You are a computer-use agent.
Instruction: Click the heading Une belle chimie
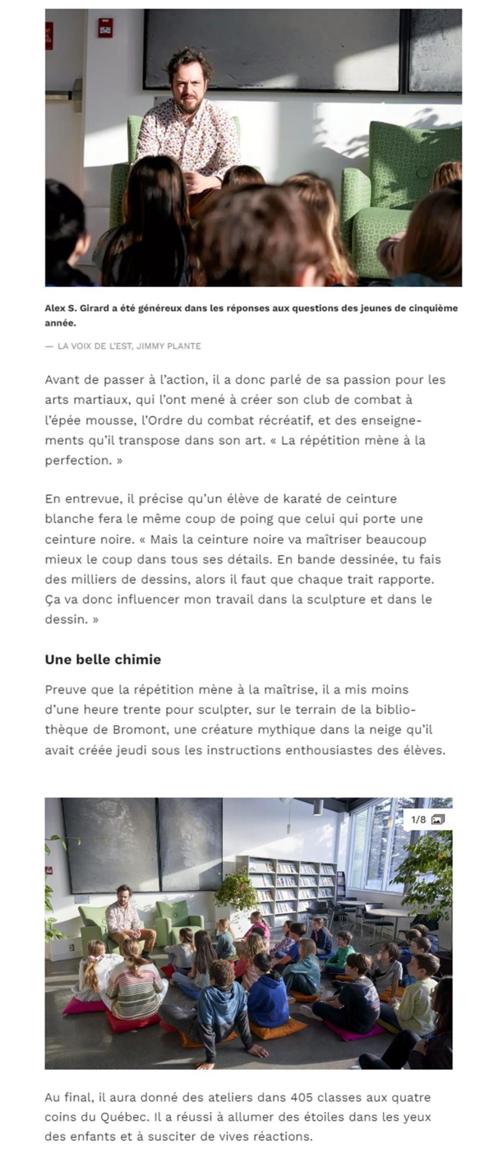[x=103, y=660]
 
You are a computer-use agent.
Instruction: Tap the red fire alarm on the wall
[x=105, y=28]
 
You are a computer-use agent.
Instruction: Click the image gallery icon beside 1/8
[x=438, y=819]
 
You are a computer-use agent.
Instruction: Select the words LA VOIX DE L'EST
[x=94, y=346]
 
